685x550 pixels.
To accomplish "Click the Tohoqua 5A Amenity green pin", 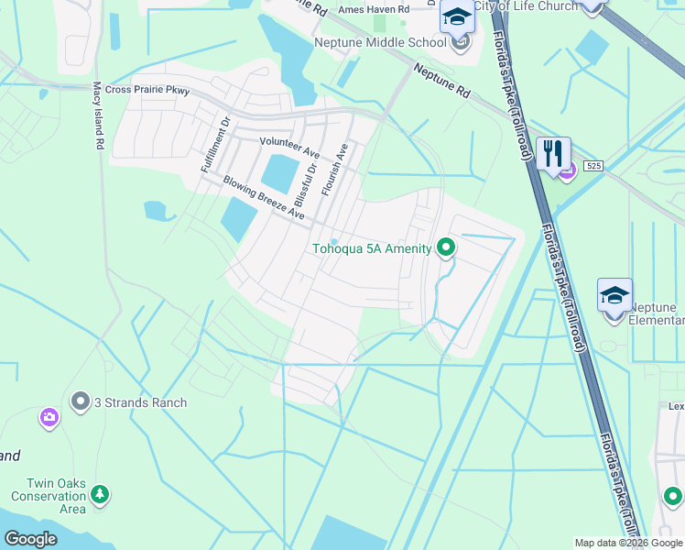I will [446, 247].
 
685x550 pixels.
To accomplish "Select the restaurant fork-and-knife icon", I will [553, 152].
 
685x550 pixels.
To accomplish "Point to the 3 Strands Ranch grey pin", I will [81, 401].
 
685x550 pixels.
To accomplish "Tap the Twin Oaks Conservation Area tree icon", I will [99, 495].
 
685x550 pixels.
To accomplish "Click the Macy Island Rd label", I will [97, 115].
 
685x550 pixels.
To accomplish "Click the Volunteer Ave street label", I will [289, 142].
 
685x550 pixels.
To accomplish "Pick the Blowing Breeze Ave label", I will [263, 196].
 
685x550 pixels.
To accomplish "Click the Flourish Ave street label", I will [335, 169].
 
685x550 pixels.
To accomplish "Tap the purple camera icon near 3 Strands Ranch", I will [49, 418].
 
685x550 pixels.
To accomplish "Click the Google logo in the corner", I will [29, 539].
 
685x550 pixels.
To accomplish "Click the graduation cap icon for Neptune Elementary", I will [614, 295].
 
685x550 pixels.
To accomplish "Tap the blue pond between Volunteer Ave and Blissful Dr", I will [279, 171].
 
